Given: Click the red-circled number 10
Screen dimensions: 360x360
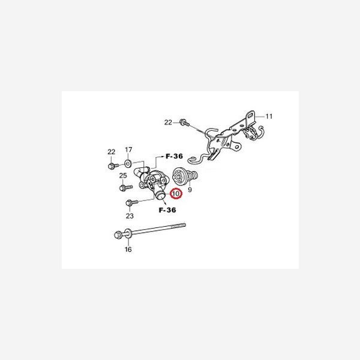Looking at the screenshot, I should [x=176, y=194].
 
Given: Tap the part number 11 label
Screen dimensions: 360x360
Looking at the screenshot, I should [x=269, y=116].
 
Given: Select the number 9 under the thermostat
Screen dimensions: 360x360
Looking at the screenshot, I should [x=190, y=190].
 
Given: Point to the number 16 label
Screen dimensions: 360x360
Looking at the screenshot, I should [x=127, y=249].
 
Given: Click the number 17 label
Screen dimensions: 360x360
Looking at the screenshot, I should [x=128, y=150].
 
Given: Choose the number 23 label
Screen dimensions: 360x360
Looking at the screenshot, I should [x=130, y=216].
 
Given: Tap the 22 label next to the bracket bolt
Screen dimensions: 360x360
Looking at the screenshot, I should [x=168, y=122].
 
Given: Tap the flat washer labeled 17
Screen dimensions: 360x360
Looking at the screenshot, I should [x=128, y=163].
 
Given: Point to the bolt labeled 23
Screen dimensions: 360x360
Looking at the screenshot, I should [x=133, y=203].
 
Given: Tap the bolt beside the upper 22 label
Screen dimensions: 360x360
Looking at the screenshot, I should [x=182, y=122].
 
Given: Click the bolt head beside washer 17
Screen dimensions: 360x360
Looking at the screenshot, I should [x=112, y=166].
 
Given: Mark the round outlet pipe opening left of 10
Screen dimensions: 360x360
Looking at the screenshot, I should [x=160, y=196].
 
